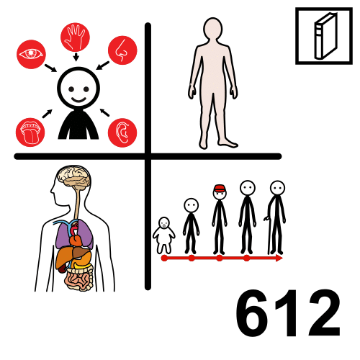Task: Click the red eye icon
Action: pos(31,54)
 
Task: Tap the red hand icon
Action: pos(75,37)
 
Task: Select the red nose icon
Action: pos(122,50)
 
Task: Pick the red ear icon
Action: pos(122,132)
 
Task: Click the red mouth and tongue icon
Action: pos(30,132)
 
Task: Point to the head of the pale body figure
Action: pos(213,30)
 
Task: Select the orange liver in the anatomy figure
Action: pos(66,255)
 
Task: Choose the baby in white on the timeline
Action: pos(164,234)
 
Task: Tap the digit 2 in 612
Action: pos(321,314)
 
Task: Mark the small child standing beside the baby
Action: pos(191,225)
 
